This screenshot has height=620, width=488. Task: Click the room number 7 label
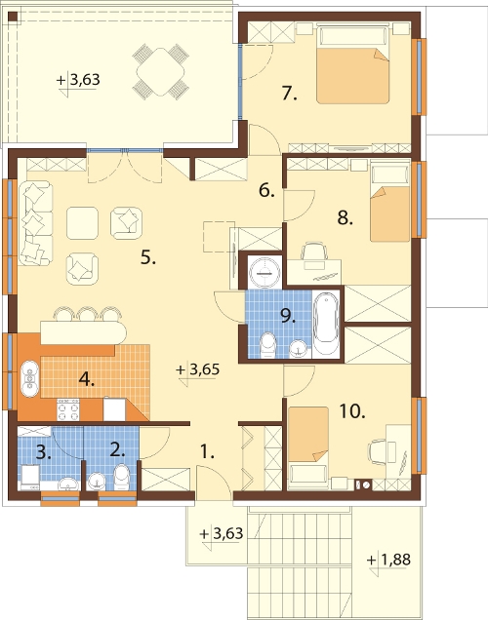click(x=289, y=95)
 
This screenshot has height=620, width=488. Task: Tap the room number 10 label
click(x=352, y=411)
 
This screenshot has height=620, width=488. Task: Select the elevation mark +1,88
click(x=388, y=560)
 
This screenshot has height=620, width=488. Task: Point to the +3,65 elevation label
click(x=197, y=369)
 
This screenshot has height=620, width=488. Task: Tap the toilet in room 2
click(x=121, y=477)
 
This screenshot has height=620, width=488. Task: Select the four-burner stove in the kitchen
click(x=68, y=410)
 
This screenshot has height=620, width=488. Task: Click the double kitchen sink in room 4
click(x=29, y=378)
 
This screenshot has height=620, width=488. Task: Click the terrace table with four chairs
click(x=160, y=72)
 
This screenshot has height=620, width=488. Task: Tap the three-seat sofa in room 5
click(x=35, y=223)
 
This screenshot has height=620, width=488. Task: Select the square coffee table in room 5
click(x=82, y=223)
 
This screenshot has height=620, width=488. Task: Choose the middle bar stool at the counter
click(x=88, y=314)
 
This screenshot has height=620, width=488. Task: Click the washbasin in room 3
click(x=69, y=484)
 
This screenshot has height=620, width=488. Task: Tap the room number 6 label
click(x=266, y=191)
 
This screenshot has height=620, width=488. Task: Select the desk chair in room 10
click(x=377, y=452)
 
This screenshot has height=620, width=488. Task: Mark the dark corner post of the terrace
click(x=13, y=17)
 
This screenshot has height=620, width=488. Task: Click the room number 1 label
click(x=207, y=451)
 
